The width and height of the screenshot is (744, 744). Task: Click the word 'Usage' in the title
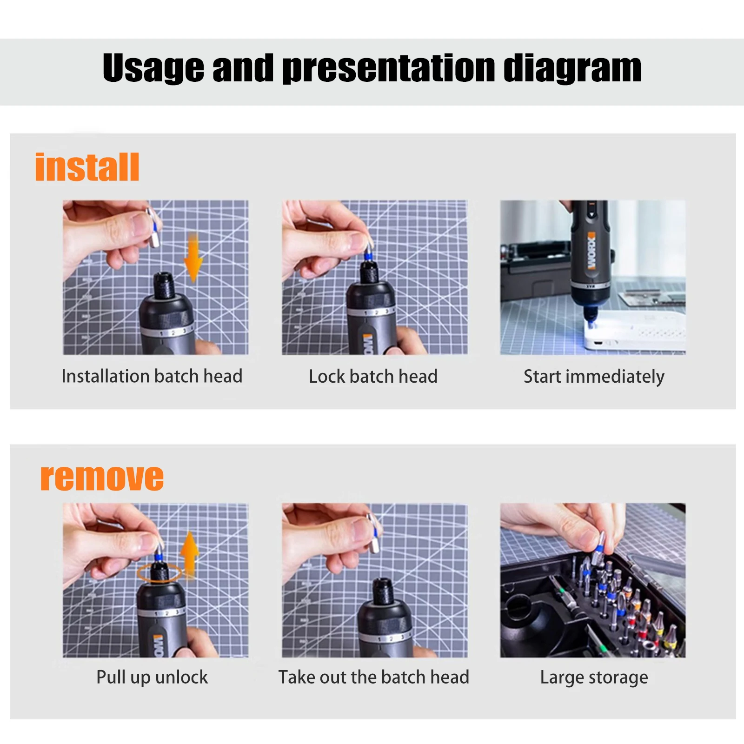point(153,68)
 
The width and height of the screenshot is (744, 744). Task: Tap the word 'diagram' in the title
point(572,68)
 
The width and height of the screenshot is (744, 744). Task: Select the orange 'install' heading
point(87,167)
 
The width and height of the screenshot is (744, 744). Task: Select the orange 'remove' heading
point(102,478)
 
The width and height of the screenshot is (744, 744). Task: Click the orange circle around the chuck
point(159,572)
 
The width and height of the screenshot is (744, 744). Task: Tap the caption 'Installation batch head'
point(152,376)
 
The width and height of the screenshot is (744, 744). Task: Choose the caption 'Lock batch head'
point(373,376)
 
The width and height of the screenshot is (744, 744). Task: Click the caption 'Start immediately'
point(594,376)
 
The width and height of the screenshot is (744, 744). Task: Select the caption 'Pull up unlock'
point(152,677)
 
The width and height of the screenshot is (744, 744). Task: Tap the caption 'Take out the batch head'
point(373,677)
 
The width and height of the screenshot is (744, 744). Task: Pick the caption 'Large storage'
point(594,677)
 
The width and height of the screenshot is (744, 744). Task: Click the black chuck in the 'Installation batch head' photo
point(164,285)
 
